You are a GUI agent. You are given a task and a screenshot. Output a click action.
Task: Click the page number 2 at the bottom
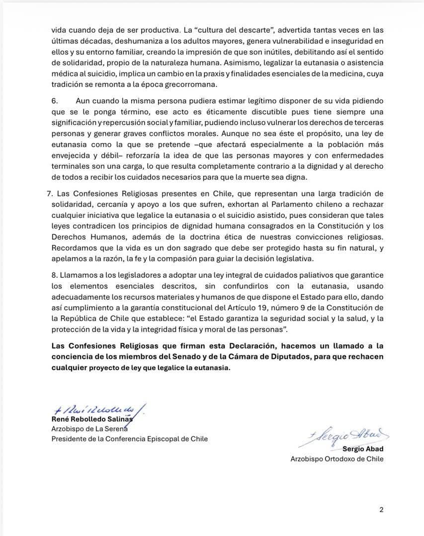click(x=381, y=509)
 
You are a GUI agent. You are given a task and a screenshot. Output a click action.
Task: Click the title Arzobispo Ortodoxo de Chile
click(x=337, y=459)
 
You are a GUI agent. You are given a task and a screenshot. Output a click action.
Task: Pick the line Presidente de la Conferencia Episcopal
click(x=130, y=439)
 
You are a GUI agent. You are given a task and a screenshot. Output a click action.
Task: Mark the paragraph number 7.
click(x=55, y=193)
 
